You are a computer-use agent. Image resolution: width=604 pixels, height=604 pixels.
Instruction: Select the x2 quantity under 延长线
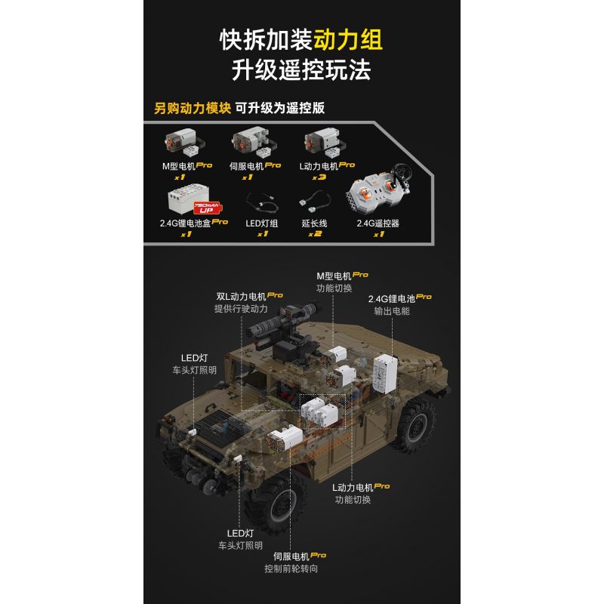coord(315,234)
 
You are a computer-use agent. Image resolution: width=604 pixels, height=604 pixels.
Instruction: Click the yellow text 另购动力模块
coord(192,107)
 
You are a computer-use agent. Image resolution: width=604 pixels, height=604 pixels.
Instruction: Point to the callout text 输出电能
coord(392,310)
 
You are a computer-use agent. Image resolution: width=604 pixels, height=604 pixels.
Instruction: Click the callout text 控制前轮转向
coord(291,568)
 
